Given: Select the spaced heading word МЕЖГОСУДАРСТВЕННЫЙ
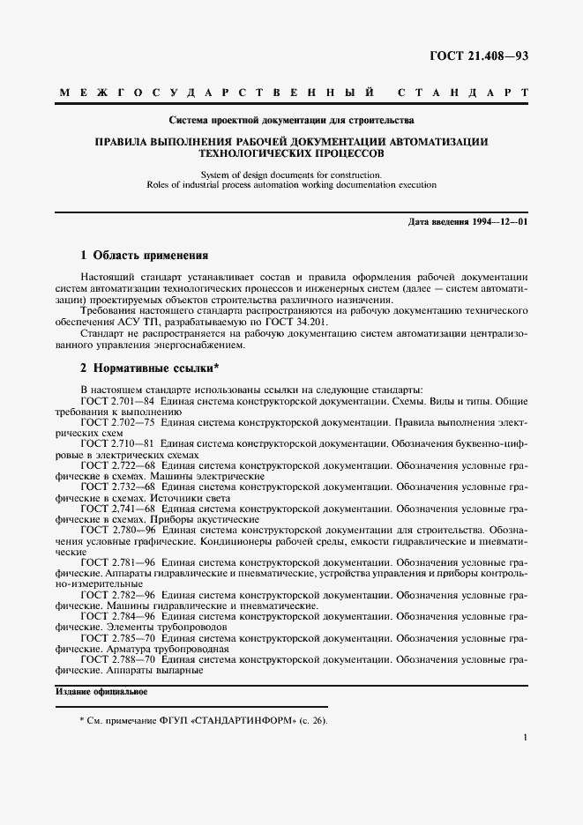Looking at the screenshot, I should (217, 93).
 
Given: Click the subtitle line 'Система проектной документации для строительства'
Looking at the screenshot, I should (291, 119).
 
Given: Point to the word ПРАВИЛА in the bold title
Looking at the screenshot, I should (124, 141).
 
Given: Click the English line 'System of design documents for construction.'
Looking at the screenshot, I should (291, 175).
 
